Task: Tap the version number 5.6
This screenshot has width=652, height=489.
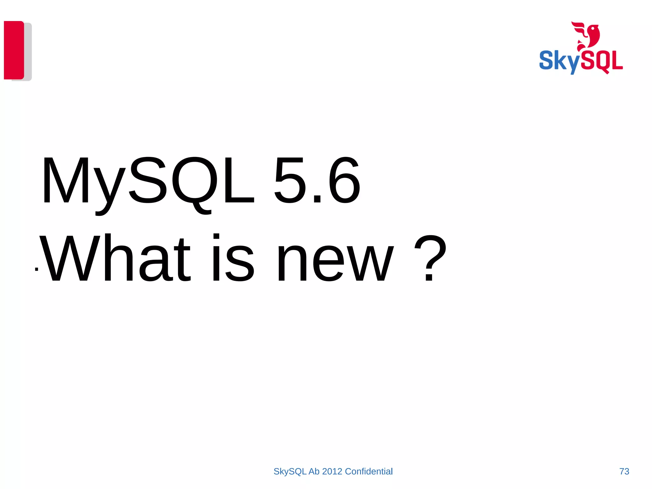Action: click(317, 180)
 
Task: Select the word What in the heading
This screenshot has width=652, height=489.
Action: click(115, 258)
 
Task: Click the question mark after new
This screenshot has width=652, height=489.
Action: click(430, 258)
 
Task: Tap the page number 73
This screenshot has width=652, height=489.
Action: click(624, 471)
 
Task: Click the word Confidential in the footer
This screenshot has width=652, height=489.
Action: click(369, 471)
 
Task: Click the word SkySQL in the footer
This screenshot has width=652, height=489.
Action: click(290, 471)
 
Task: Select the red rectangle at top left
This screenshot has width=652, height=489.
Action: click(14, 50)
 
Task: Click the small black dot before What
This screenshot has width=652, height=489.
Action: click(37, 269)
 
